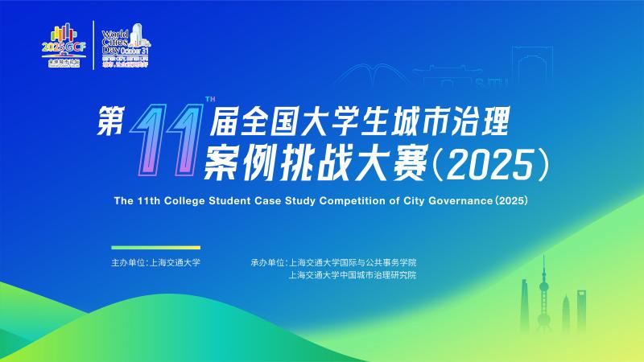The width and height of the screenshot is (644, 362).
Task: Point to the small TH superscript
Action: [210, 100]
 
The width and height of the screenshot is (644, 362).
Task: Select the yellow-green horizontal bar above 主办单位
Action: [156, 247]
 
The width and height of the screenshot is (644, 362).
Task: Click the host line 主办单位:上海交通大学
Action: [156, 263]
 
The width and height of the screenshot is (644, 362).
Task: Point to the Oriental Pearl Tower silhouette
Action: [544, 298]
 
